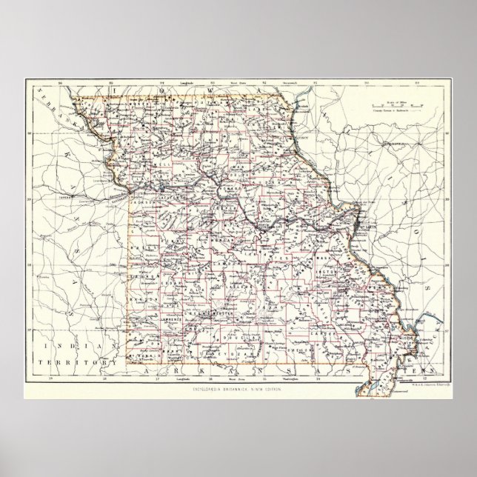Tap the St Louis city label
[x=362, y=220]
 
